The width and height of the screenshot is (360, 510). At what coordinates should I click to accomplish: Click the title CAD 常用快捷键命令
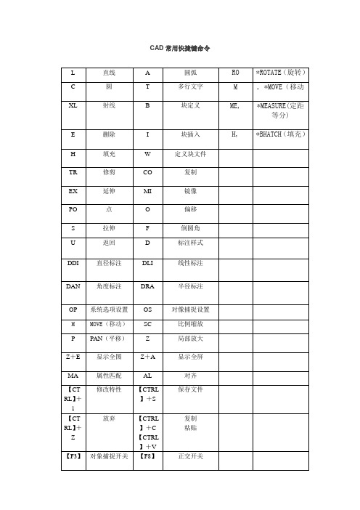click(179, 48)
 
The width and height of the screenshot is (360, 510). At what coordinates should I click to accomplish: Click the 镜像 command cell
click(192, 193)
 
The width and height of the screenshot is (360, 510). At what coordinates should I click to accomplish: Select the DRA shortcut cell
click(147, 286)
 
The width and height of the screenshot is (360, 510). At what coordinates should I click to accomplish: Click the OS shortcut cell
click(147, 309)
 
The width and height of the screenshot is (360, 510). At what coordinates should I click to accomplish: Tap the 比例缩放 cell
click(192, 323)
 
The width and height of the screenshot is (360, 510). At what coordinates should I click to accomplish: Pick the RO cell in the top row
click(234, 73)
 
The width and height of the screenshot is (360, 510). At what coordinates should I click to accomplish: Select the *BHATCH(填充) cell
click(280, 135)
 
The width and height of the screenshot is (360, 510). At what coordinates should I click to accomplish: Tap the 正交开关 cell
click(192, 456)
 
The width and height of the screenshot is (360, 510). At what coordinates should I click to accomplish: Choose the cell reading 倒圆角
click(192, 229)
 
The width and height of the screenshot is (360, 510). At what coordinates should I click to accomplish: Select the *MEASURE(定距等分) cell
click(280, 110)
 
